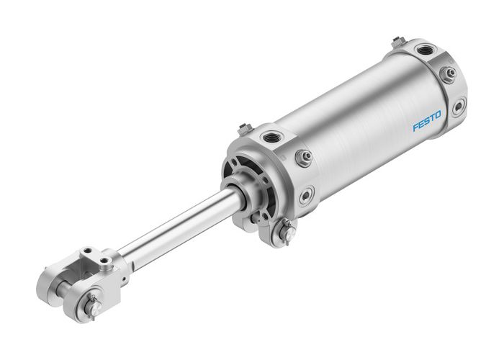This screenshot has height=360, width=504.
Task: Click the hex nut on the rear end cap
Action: [x=448, y=73]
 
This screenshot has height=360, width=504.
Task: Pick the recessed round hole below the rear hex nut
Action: [x=458, y=107]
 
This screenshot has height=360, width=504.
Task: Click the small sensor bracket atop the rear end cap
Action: [x=398, y=42]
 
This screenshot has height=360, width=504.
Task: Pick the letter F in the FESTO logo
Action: [x=415, y=129]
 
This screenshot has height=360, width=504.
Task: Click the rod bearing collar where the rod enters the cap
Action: [x=236, y=193]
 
